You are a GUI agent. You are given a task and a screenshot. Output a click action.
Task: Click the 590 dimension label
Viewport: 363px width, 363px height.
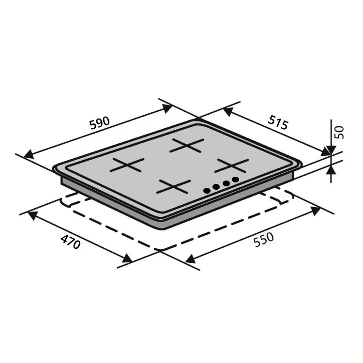click(x=100, y=123)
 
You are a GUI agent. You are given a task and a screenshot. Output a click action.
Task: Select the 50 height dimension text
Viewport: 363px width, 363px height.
click(x=339, y=132)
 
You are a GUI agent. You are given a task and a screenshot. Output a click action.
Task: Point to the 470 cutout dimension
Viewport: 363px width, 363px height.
click(x=70, y=242)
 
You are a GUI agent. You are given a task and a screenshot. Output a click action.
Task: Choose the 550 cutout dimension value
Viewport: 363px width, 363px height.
click(x=263, y=240)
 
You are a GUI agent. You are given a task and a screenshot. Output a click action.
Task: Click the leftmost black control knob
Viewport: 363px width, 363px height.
click(x=207, y=191)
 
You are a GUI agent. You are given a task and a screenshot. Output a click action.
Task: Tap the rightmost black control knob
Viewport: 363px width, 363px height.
click(x=235, y=180)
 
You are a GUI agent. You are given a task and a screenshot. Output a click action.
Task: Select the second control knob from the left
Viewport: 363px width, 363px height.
click(x=216, y=187)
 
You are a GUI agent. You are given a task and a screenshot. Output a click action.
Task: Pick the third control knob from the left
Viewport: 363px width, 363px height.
click(x=226, y=183)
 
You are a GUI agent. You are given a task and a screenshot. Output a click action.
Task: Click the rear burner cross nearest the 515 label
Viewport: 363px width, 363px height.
click(x=187, y=146)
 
